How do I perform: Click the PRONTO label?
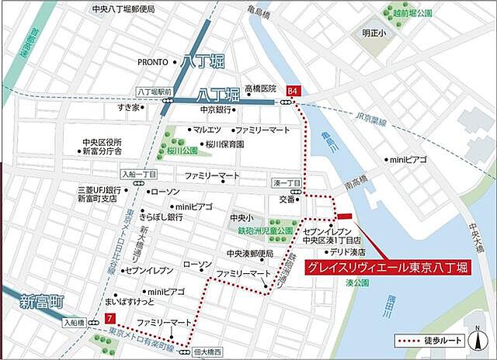point(154,62)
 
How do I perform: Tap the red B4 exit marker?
point(293,91)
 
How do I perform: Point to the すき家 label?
point(129,107)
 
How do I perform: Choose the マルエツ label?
point(208,130)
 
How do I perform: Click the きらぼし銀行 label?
point(161,218)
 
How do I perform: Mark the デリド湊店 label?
point(346,252)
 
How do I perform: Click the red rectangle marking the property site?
point(344,216)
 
